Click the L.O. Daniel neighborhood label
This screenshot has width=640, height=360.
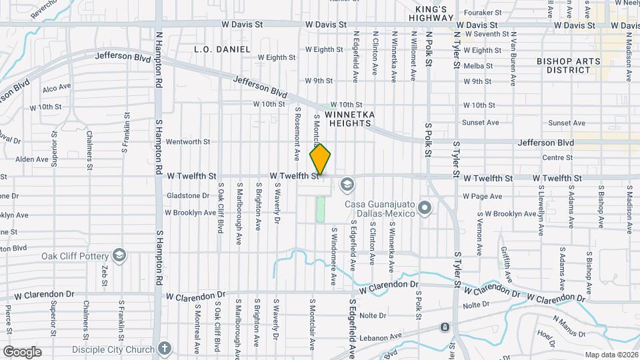[222, 49]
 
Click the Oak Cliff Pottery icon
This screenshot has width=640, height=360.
[119, 255]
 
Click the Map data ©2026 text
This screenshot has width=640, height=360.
[611, 355]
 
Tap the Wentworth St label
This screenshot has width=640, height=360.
[187, 141]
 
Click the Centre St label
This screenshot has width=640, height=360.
[558, 157]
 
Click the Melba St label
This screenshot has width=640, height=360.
[477, 65]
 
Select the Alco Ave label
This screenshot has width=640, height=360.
[57, 88]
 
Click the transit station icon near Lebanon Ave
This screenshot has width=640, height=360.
[445, 327]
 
